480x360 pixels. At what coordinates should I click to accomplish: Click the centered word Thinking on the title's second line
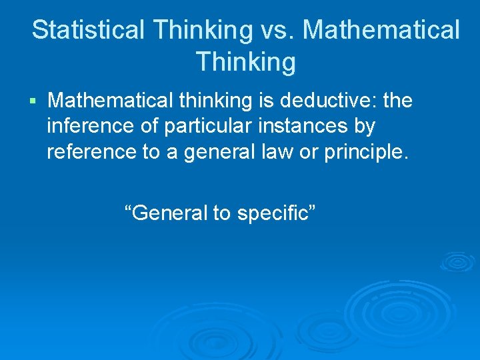[x=246, y=62]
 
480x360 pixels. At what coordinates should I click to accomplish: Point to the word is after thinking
[x=265, y=101]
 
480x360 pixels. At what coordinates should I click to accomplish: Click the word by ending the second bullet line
[x=366, y=125]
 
